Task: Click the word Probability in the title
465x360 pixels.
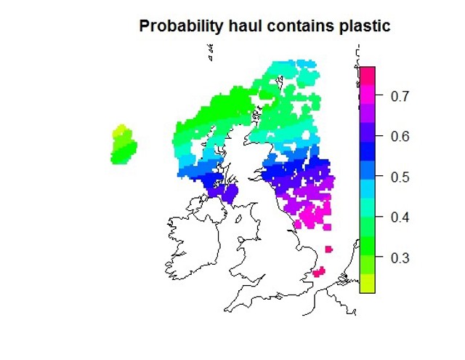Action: click(x=181, y=26)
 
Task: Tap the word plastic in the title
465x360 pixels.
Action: click(x=365, y=26)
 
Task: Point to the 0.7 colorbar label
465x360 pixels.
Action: click(x=400, y=97)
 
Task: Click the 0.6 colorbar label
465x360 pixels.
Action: click(x=400, y=137)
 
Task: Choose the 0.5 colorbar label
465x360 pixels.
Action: click(x=400, y=177)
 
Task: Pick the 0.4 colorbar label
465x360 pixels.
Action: click(x=400, y=217)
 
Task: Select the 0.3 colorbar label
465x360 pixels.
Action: click(x=400, y=258)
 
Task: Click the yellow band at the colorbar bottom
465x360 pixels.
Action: click(x=368, y=284)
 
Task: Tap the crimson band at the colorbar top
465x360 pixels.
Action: click(x=368, y=76)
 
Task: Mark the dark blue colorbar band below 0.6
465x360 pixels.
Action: click(x=368, y=151)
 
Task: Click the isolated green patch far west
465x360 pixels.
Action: click(x=124, y=144)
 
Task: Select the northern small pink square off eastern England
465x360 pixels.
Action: click(x=328, y=249)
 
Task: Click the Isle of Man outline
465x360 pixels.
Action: click(x=238, y=220)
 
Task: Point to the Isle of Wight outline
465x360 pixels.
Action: click(x=279, y=296)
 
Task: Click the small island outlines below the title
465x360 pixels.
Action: click(x=211, y=52)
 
